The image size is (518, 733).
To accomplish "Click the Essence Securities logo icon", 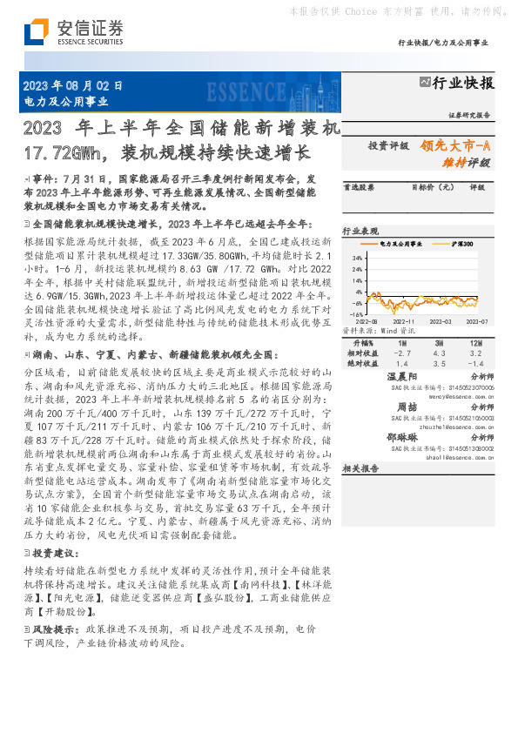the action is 35,32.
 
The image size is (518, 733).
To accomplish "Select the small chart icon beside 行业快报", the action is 425,83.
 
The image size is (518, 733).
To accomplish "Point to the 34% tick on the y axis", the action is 356,259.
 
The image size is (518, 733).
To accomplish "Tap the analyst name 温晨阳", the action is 407,376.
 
